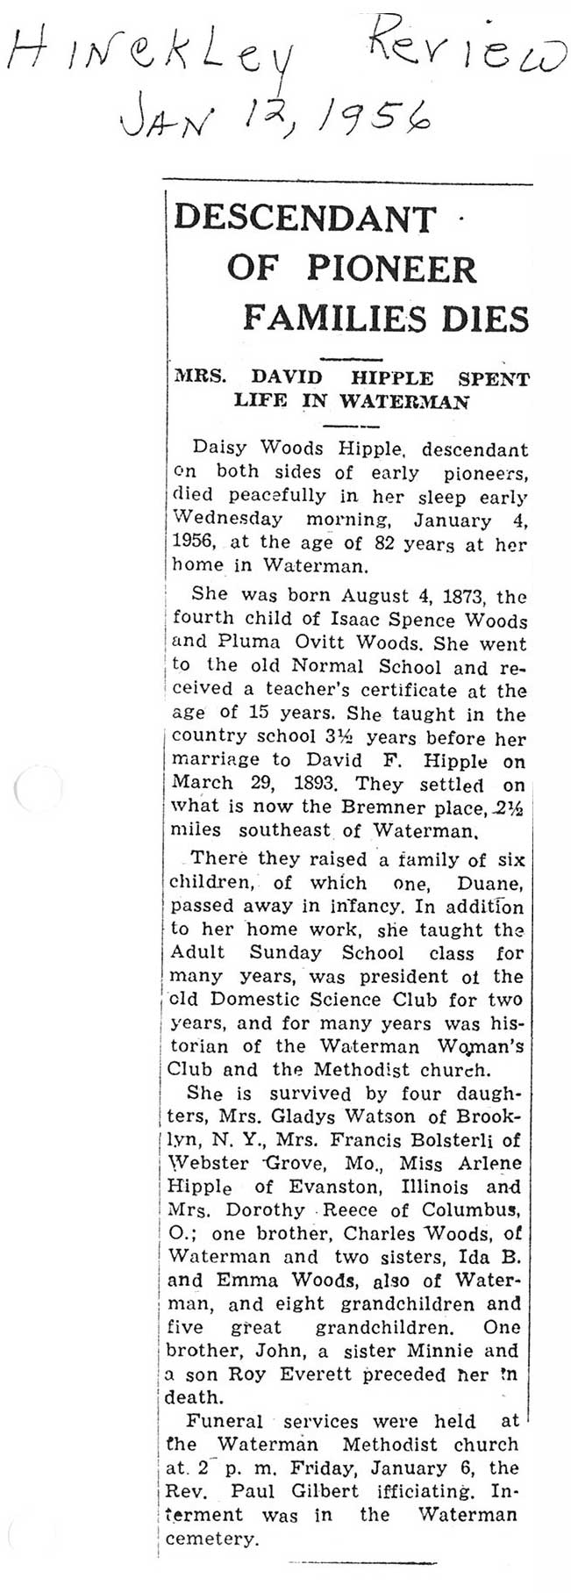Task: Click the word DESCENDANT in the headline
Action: click(x=304, y=218)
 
